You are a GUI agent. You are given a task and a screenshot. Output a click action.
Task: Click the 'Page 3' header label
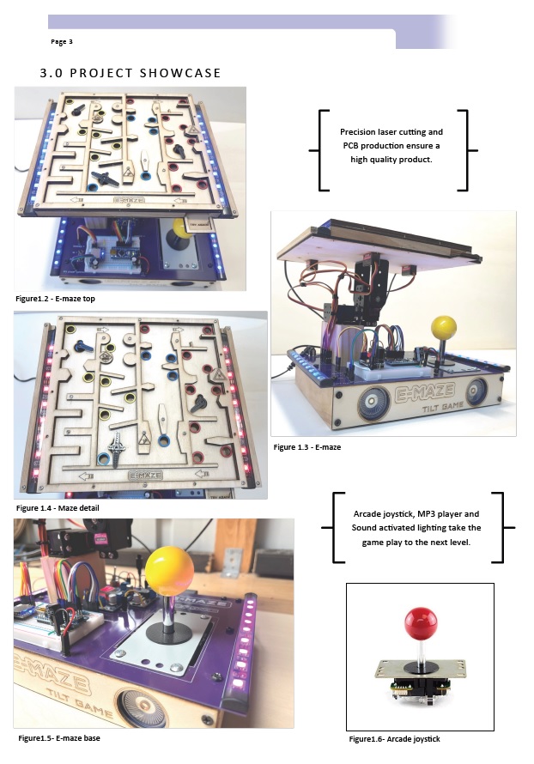pos(62,42)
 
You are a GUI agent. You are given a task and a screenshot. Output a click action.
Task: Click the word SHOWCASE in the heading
pos(180,73)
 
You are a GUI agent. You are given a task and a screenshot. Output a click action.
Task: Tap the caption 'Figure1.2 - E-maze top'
pos(55,299)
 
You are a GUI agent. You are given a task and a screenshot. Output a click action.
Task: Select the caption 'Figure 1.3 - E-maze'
pos(307,447)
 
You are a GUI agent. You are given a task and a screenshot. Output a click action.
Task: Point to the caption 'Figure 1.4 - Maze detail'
pos(58,508)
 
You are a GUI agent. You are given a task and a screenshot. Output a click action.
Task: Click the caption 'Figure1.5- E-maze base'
pos(59,738)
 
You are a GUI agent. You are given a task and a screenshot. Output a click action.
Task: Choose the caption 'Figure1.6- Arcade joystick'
pos(394,739)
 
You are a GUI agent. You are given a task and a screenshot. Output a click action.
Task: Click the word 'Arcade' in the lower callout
pos(367,514)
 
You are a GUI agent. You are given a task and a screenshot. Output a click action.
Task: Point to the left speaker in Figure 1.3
pos(373,402)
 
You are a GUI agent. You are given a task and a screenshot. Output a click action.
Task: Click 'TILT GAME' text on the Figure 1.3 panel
pos(443,406)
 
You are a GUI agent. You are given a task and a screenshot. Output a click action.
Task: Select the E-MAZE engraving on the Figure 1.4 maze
pos(145,475)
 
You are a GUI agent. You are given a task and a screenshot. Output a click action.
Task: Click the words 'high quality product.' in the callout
pos(391,160)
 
